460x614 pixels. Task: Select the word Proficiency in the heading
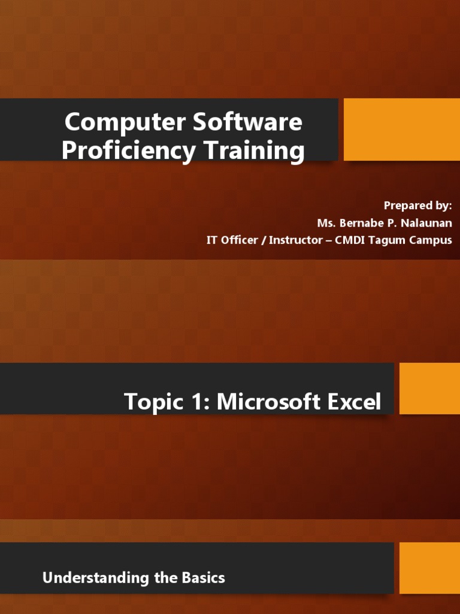(x=128, y=151)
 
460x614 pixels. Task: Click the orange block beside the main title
(x=401, y=130)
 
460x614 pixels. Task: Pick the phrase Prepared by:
(x=417, y=206)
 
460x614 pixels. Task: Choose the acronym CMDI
(x=352, y=240)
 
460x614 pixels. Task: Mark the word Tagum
(x=391, y=240)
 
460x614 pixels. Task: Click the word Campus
(x=431, y=240)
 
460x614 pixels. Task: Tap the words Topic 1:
(x=167, y=402)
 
